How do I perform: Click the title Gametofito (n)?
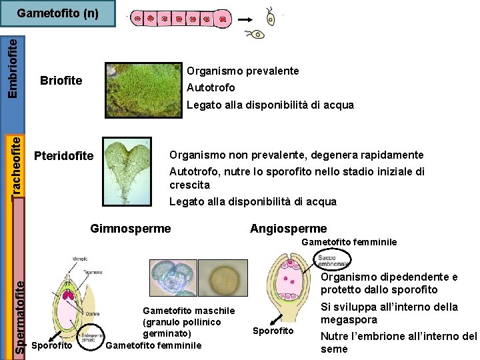click(57, 13)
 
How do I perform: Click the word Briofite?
click(61, 81)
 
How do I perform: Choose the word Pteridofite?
click(63, 156)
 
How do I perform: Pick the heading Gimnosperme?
click(130, 229)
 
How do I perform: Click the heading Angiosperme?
click(288, 229)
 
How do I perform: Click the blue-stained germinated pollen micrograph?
click(172, 277)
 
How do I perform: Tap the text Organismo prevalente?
click(243, 71)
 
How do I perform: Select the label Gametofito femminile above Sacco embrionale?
click(349, 242)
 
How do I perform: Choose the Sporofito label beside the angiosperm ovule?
click(273, 331)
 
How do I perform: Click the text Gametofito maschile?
click(189, 311)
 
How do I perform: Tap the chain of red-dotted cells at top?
click(180, 19)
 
